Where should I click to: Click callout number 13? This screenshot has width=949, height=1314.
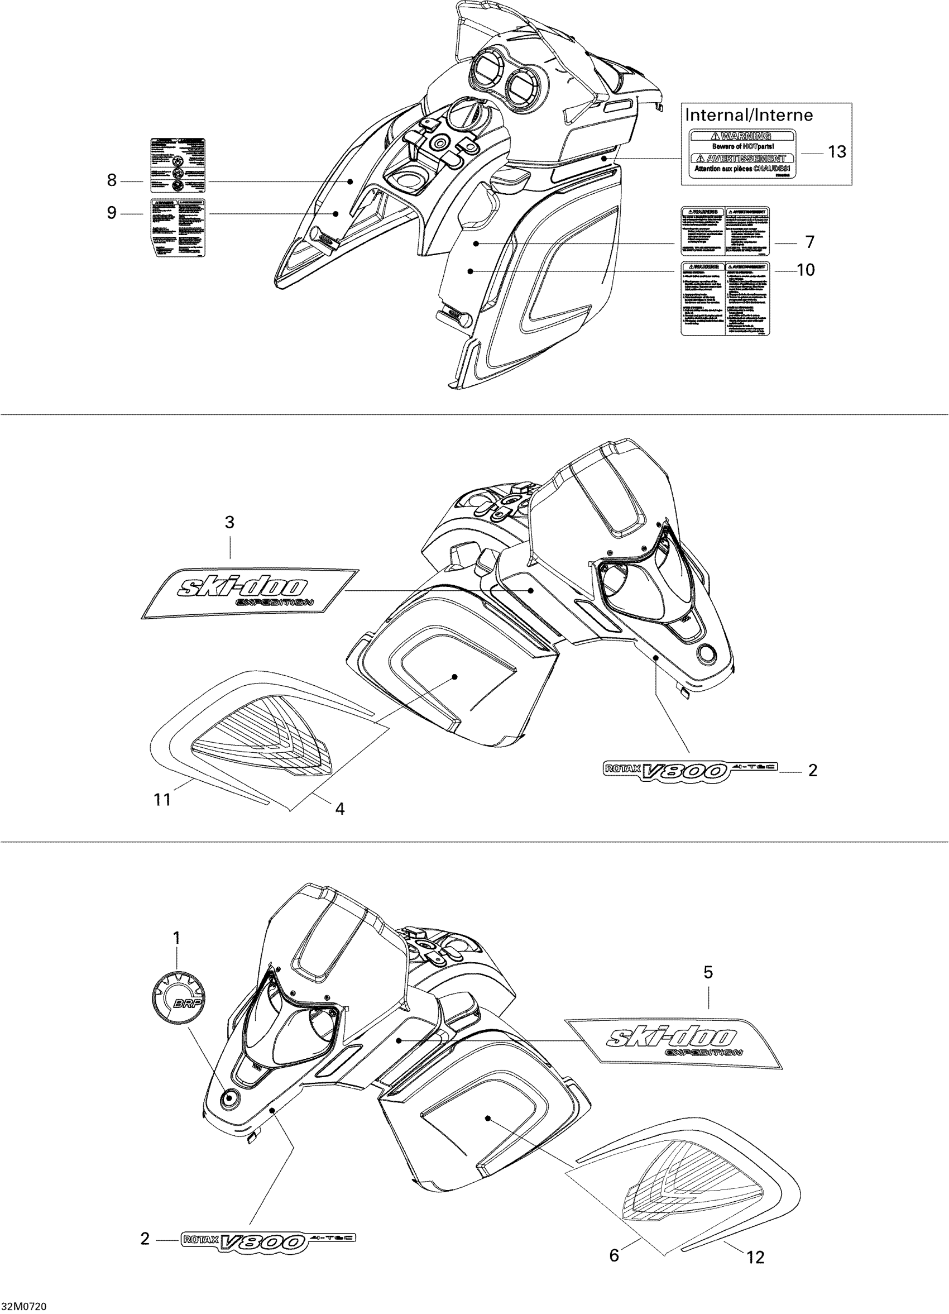tap(837, 152)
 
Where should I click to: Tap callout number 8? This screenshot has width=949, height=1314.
tap(112, 181)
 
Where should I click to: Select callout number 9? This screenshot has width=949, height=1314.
tap(112, 213)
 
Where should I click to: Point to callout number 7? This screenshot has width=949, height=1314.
tap(809, 241)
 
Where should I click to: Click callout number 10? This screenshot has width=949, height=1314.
tap(806, 269)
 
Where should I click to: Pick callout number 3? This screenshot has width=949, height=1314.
tap(229, 522)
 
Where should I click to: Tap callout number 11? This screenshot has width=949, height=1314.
tap(162, 800)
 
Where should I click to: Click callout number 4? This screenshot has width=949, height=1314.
tap(340, 809)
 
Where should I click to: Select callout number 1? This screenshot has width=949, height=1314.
tap(176, 938)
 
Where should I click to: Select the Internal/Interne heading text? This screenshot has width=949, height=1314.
tap(749, 114)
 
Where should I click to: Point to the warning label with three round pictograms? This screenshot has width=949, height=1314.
tap(178, 165)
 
